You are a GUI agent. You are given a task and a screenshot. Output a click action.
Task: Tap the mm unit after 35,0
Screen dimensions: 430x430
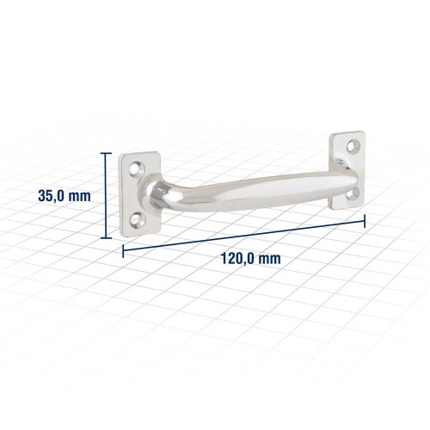tap(79, 195)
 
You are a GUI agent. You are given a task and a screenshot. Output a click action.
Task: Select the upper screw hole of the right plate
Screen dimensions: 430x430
tap(351, 147)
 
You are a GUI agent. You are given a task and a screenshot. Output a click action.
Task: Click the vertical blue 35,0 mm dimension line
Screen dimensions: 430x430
tap(107, 194)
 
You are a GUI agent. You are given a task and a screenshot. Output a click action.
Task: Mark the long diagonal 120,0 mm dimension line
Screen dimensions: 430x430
tap(245, 234)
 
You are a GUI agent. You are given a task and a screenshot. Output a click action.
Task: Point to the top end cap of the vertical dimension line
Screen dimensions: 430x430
tap(107, 154)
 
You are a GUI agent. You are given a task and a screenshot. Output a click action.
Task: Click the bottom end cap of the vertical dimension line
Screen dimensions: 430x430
tap(107, 235)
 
